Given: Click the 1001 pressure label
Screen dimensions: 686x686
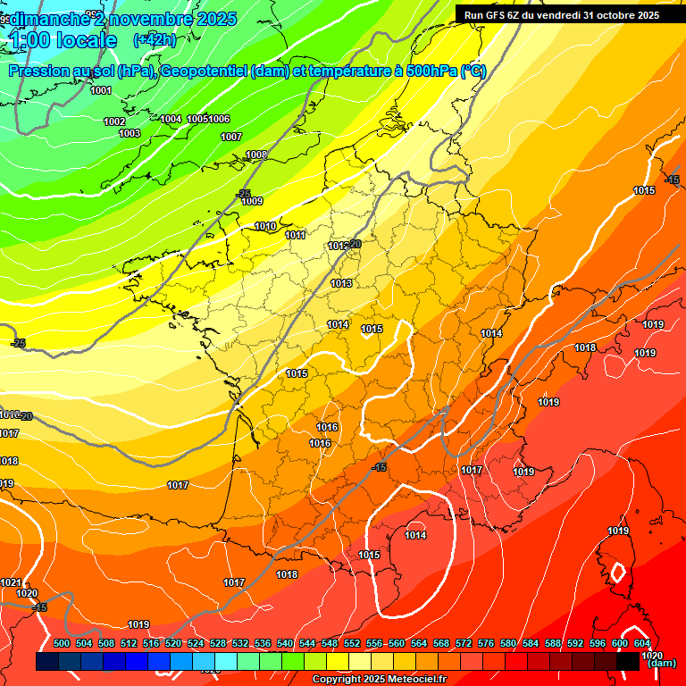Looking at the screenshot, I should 101,90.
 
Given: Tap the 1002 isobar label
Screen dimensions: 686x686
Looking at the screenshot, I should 114,121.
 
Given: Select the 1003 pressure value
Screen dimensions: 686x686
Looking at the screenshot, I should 130,133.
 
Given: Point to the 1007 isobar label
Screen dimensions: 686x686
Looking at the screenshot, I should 231,137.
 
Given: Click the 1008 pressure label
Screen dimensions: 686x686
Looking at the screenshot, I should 256,155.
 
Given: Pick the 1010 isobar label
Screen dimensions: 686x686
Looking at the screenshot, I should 265,226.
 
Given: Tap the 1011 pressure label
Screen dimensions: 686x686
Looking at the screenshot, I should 296,235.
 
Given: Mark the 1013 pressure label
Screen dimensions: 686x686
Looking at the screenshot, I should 341,283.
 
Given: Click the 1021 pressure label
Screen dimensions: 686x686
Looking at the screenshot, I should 11,582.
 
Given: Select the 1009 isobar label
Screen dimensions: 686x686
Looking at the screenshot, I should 252,201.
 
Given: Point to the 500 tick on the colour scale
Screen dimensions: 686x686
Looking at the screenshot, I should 62,643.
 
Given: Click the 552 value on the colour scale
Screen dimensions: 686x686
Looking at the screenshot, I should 352,643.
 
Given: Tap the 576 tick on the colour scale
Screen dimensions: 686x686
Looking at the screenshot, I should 486,643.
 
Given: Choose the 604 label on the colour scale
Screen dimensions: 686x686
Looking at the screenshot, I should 642,643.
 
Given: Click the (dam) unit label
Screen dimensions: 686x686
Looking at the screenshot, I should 660,663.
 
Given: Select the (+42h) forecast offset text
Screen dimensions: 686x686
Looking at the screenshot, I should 154,39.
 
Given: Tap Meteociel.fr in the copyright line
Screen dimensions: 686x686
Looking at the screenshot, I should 411,680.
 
